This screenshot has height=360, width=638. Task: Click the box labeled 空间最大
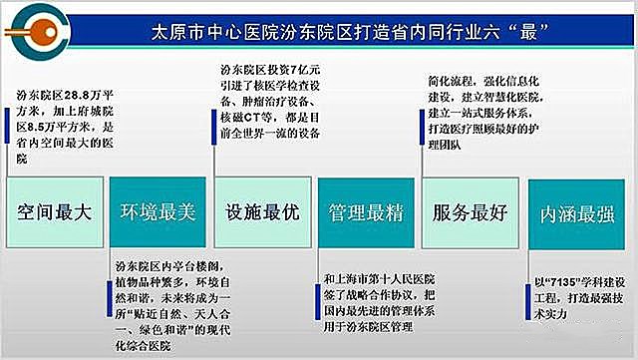pyautogui.click(x=55, y=212)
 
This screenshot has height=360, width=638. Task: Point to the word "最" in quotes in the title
pyautogui.click(x=555, y=28)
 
